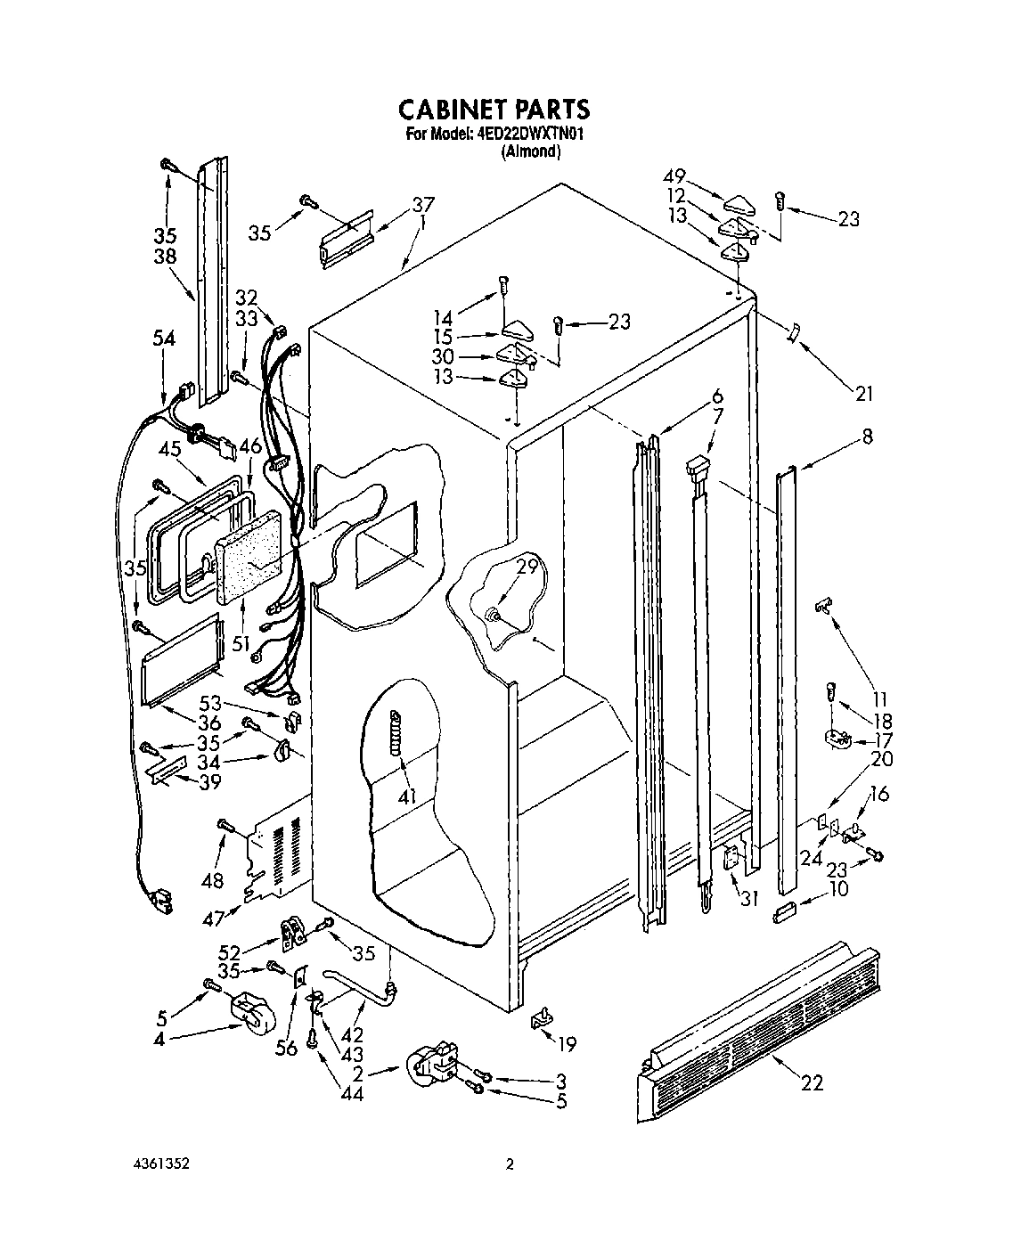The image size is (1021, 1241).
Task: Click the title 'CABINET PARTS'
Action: [493, 109]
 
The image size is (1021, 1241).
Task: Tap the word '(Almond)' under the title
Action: [531, 151]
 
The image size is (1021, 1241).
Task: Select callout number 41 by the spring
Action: [407, 796]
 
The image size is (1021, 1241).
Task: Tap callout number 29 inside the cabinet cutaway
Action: [527, 565]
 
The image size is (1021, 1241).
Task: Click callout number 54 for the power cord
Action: [164, 339]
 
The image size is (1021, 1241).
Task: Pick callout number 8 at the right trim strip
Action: [867, 437]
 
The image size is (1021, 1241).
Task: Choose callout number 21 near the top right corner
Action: [863, 393]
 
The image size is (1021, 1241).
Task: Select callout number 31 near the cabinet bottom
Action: [749, 899]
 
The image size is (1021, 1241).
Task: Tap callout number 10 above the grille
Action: [837, 888]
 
